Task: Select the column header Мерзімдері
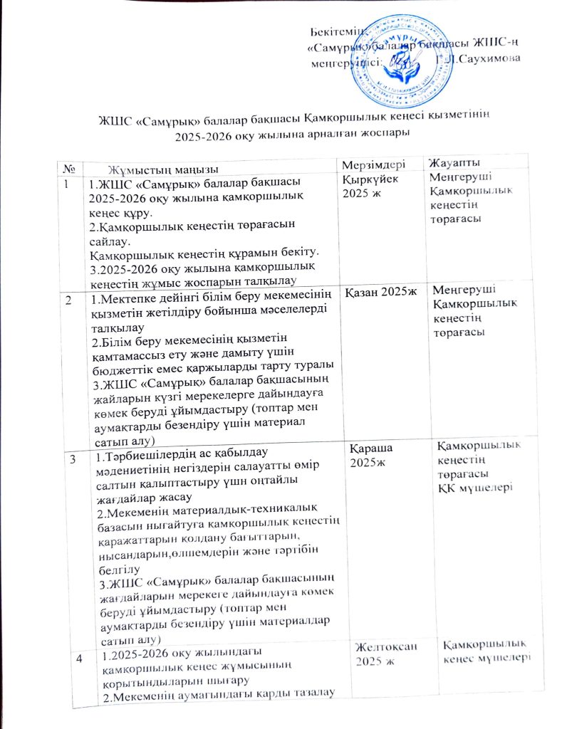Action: pos(375,165)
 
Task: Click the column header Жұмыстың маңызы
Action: pos(163,169)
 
